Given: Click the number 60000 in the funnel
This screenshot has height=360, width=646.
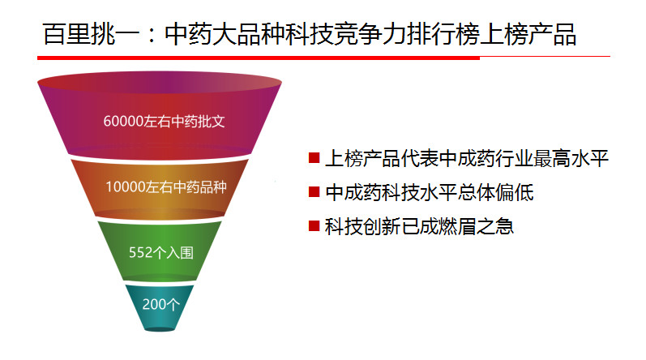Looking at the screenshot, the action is point(123,122).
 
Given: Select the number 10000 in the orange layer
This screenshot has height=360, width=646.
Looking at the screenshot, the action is point(126,187).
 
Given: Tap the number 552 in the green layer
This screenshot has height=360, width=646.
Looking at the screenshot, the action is point(141,252).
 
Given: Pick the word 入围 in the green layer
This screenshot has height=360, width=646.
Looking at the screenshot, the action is point(180,252).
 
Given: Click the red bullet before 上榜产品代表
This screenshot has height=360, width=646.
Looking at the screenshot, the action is point(314,158).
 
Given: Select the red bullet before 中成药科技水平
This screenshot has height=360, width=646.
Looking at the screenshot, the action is point(314,192).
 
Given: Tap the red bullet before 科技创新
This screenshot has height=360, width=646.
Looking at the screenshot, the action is point(314,226).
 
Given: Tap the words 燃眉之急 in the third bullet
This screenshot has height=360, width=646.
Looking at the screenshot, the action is point(477,226).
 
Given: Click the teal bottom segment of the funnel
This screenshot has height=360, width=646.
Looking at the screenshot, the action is point(160,306).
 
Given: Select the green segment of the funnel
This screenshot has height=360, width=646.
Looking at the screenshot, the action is point(160,252).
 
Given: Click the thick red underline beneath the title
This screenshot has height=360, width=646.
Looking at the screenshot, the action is point(259,58).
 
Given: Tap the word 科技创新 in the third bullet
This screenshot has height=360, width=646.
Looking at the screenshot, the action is point(362,226).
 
